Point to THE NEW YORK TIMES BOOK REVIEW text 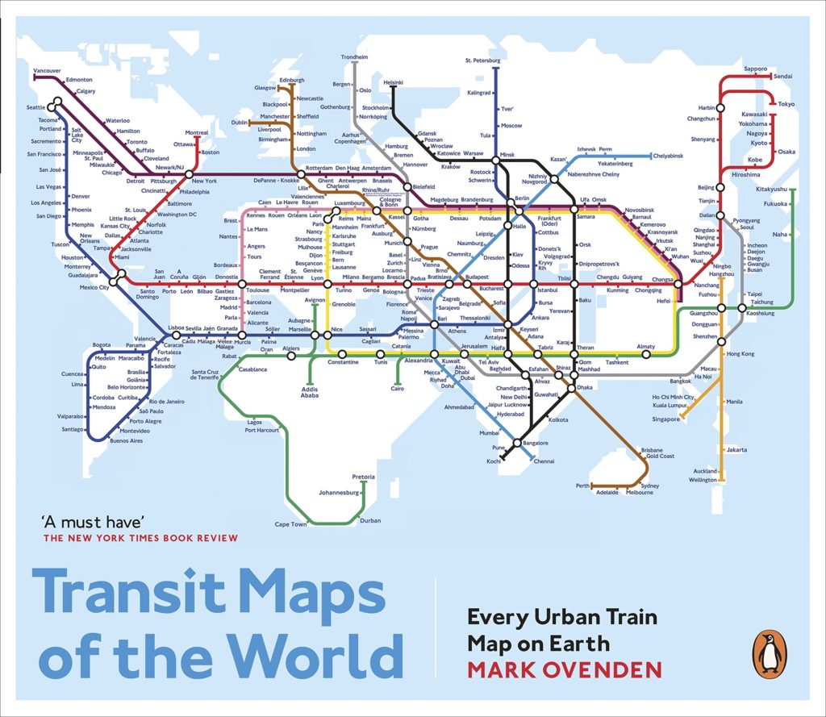point(141,538)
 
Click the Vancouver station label point(47,71)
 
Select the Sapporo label point(755,69)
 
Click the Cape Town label point(290,524)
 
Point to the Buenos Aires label point(126,441)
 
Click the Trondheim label point(354,57)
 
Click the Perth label point(582,485)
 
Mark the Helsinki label point(393,82)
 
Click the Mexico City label point(94,288)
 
